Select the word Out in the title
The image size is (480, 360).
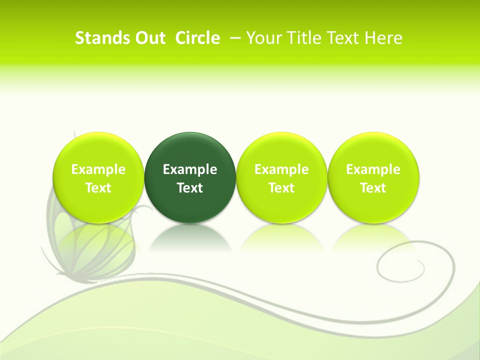[x=148, y=38]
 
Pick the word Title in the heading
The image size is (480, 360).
[x=302, y=38]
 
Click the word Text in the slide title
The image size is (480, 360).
[x=344, y=38]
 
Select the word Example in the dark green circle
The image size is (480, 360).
[x=190, y=169]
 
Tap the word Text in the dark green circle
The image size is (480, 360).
[x=190, y=188]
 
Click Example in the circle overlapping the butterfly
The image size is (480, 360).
[x=98, y=169]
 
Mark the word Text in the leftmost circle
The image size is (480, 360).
[x=98, y=188]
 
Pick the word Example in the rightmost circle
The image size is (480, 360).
[x=373, y=169]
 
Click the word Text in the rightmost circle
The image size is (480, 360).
[x=373, y=188]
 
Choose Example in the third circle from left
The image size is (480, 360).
[x=281, y=169]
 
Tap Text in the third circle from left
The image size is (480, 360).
[x=281, y=188]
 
